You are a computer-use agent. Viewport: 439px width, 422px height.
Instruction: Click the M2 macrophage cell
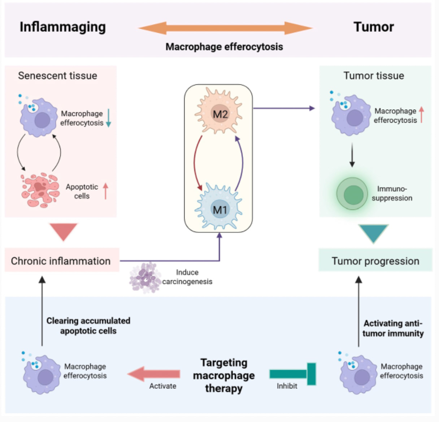point(219,111)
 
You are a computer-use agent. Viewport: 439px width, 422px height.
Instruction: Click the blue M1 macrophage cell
point(219,207)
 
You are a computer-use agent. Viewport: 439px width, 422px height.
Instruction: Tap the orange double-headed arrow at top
point(225,28)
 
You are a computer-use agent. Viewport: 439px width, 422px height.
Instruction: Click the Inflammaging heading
point(62,27)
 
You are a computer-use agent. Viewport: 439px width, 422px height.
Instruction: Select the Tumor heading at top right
point(373,27)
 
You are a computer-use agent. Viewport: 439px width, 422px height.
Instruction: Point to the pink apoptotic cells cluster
point(40,190)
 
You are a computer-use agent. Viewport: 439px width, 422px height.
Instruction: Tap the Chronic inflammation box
point(61,261)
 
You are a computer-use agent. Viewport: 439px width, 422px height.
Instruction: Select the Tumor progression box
point(375,261)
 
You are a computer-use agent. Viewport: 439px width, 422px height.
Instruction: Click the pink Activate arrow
point(154,374)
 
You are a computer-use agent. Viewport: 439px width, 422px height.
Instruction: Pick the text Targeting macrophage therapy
point(223,375)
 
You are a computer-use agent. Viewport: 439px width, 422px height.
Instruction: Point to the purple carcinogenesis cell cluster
point(145,277)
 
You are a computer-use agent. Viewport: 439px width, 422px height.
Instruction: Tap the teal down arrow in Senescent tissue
point(108,118)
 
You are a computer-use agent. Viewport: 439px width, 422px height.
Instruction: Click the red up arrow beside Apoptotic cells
point(105,191)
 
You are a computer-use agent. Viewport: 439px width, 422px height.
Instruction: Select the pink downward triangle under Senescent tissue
point(64,231)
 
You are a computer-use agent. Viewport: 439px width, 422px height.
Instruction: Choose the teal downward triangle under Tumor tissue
point(373,233)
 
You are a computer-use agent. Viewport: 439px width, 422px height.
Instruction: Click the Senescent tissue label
point(57,76)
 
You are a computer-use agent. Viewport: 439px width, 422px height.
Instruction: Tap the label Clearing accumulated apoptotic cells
point(88,326)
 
